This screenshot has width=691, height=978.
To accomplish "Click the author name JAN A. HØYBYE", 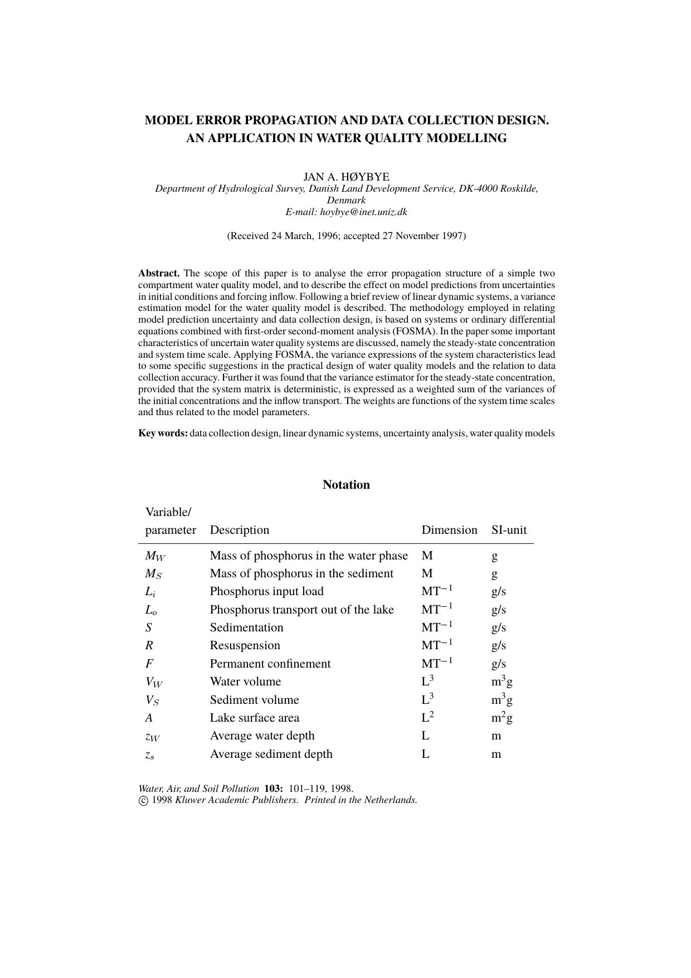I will tap(346, 177).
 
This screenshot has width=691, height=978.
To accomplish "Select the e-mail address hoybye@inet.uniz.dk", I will tap(363, 212).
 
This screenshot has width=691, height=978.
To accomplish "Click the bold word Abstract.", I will tap(159, 273).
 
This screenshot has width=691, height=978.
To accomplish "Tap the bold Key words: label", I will tap(163, 433).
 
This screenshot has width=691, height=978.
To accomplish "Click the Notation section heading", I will tap(346, 484).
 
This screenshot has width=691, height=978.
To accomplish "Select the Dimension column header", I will tap(449, 529).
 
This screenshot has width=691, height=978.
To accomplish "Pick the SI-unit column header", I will tap(508, 529).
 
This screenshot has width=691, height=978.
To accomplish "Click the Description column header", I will tap(239, 529).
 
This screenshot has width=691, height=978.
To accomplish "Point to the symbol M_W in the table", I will tap(155, 556).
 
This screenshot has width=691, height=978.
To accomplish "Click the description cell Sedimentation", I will tap(246, 627).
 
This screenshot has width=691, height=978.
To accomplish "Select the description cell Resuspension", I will tap(245, 645).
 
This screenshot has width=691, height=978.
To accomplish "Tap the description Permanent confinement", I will tap(270, 664).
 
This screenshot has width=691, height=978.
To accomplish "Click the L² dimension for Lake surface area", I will tap(427, 717).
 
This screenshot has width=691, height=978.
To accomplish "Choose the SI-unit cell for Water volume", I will tap(502, 681).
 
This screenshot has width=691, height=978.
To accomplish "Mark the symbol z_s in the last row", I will tap(149, 755).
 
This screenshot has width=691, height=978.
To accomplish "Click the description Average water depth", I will tap(262, 736).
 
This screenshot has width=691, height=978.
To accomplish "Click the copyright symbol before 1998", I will tap(143, 800).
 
